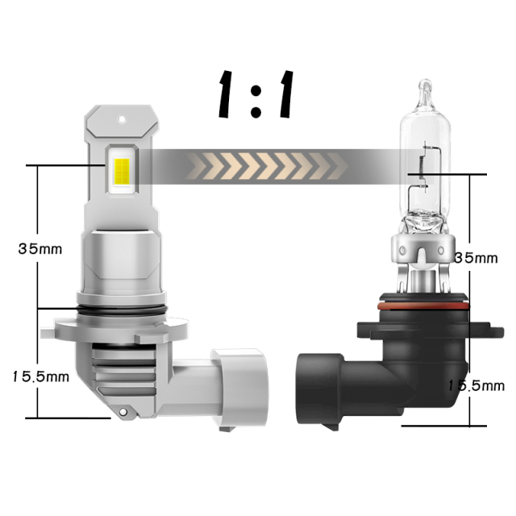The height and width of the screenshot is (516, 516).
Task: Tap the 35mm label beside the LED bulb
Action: (40, 249)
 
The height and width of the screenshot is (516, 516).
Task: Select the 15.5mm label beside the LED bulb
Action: (41, 377)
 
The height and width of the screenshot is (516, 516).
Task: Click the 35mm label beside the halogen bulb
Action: (476, 258)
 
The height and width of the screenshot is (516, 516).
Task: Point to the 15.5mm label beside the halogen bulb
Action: (476, 385)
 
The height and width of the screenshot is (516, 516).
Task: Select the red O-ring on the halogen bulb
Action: (423, 306)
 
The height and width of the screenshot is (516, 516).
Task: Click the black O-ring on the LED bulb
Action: (121, 310)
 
